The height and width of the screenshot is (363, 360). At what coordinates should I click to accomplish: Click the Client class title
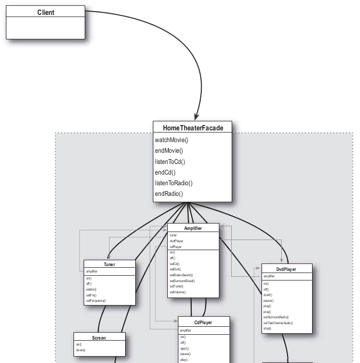click(45, 12)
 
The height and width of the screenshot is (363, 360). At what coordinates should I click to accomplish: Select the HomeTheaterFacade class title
click(193, 128)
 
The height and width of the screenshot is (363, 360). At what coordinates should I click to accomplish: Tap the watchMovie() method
click(171, 140)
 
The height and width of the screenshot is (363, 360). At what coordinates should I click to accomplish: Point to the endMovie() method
click(169, 151)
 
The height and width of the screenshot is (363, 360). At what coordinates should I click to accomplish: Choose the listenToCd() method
click(170, 162)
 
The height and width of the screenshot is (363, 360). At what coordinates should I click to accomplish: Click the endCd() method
click(165, 172)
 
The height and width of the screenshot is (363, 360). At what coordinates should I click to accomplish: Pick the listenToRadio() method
click(174, 183)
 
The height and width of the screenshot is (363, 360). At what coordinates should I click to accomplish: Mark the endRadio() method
click(169, 194)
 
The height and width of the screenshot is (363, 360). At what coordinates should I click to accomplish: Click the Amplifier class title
click(193, 228)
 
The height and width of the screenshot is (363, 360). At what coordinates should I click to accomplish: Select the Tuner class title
click(109, 265)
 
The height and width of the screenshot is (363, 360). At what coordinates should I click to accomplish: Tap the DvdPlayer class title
click(287, 269)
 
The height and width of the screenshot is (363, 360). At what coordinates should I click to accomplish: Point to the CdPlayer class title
click(203, 321)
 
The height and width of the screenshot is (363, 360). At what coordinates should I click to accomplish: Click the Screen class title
click(99, 337)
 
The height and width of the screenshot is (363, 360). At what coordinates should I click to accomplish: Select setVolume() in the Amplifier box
click(178, 292)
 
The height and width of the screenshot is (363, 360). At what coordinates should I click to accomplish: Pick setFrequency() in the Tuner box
click(96, 301)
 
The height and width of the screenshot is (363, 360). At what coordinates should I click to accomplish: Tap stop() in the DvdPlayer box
click(267, 328)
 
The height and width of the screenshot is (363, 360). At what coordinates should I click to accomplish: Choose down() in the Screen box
click(80, 350)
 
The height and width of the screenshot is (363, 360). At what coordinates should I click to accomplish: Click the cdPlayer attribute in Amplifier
click(175, 247)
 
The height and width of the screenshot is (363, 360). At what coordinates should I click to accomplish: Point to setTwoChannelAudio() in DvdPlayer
click(278, 323)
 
